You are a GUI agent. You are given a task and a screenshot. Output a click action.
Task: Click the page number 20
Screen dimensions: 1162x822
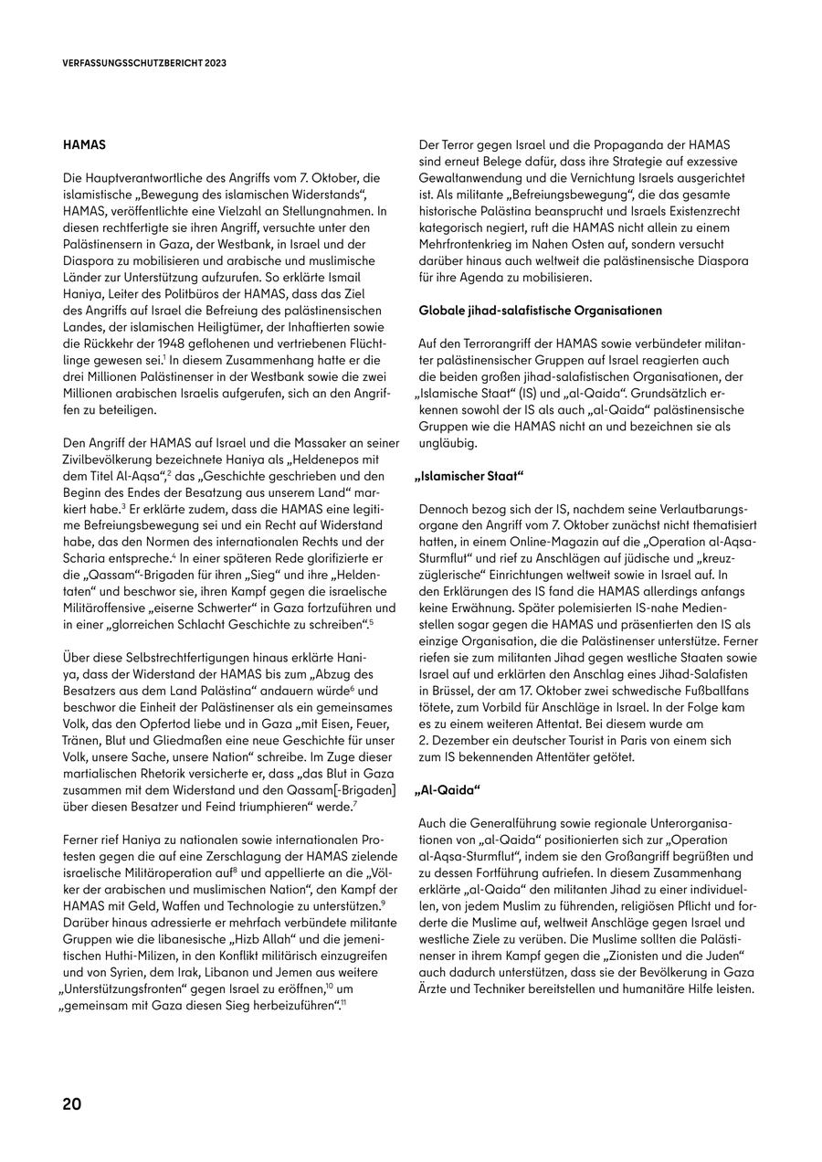72,1104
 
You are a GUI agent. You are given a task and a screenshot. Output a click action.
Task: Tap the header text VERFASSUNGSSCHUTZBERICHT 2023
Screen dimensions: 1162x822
144,64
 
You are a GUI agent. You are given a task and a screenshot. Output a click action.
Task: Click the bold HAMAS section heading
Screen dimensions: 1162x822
84,145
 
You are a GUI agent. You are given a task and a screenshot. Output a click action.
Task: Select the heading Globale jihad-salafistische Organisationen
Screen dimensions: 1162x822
540,311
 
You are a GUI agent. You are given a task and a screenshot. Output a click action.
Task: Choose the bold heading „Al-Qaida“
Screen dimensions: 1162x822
449,790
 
